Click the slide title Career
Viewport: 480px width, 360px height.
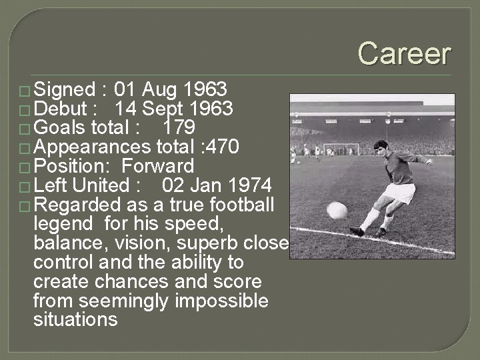point(404,53)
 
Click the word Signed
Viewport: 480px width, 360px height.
point(64,89)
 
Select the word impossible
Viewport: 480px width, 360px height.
point(221,301)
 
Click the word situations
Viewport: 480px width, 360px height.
point(75,320)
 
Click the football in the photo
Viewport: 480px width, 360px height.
point(337,211)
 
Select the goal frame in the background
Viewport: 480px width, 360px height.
point(341,149)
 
